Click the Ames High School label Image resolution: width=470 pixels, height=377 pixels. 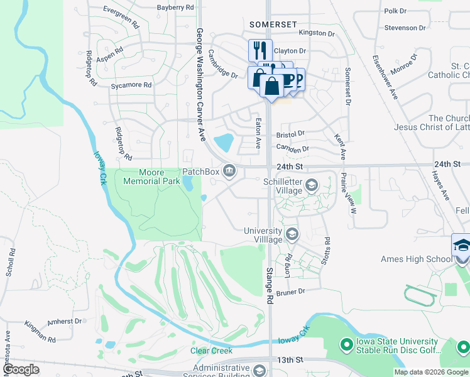417,259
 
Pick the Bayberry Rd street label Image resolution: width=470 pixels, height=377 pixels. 175,8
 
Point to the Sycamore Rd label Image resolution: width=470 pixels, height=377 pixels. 131,85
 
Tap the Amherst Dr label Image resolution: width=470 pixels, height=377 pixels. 65,321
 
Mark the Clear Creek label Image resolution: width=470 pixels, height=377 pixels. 212,351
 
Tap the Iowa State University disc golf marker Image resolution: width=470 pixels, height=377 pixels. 346,344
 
